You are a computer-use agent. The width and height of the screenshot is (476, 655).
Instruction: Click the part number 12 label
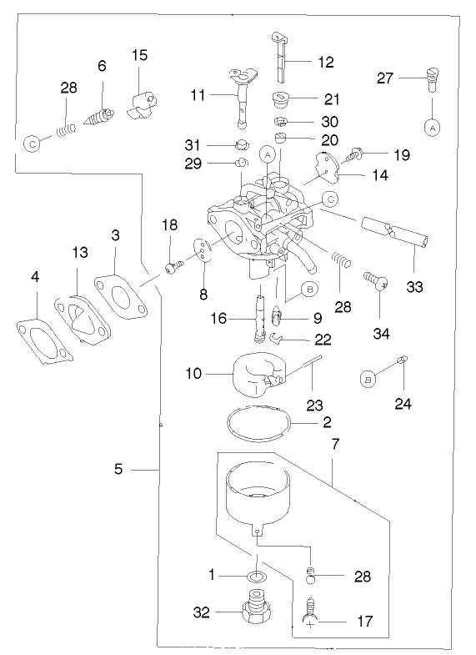pyautogui.click(x=325, y=62)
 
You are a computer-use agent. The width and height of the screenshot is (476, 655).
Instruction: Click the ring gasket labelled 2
pyautogui.click(x=259, y=421)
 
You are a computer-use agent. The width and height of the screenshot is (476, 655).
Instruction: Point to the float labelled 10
pyautogui.click(x=254, y=373)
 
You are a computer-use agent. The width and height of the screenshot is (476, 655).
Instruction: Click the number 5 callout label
pyautogui.click(x=118, y=470)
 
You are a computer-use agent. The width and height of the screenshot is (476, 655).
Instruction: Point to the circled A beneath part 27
pyautogui.click(x=431, y=128)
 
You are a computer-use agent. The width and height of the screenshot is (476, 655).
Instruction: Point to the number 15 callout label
pyautogui.click(x=139, y=55)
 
